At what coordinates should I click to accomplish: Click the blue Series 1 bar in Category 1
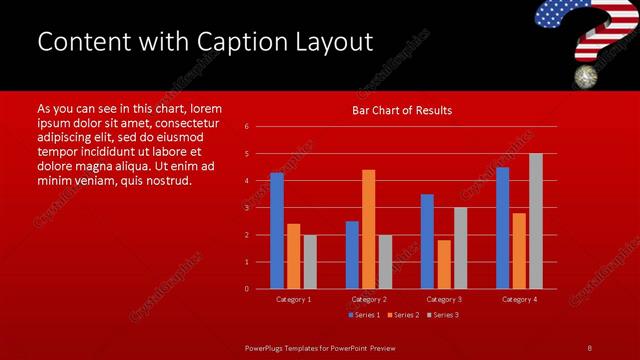(x=277, y=231)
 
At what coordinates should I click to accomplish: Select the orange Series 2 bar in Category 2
(x=368, y=229)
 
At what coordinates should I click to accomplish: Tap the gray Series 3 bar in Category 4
(x=535, y=221)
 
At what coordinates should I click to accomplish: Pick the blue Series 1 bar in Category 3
(x=427, y=241)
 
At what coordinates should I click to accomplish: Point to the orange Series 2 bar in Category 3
(x=444, y=264)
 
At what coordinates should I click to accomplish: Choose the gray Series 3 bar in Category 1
(x=310, y=262)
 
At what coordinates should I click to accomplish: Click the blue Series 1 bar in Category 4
(x=502, y=228)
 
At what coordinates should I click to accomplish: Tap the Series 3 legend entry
(x=443, y=315)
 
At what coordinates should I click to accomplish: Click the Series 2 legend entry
(x=403, y=315)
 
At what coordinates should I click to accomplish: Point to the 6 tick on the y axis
(x=246, y=127)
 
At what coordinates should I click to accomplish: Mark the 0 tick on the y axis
(x=246, y=289)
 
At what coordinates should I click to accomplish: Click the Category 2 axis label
(x=368, y=299)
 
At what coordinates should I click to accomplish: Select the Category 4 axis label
(x=518, y=299)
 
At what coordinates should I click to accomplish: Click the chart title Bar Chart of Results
(x=402, y=110)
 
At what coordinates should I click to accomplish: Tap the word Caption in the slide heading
(x=246, y=42)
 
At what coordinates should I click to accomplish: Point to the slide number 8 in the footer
(x=589, y=347)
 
